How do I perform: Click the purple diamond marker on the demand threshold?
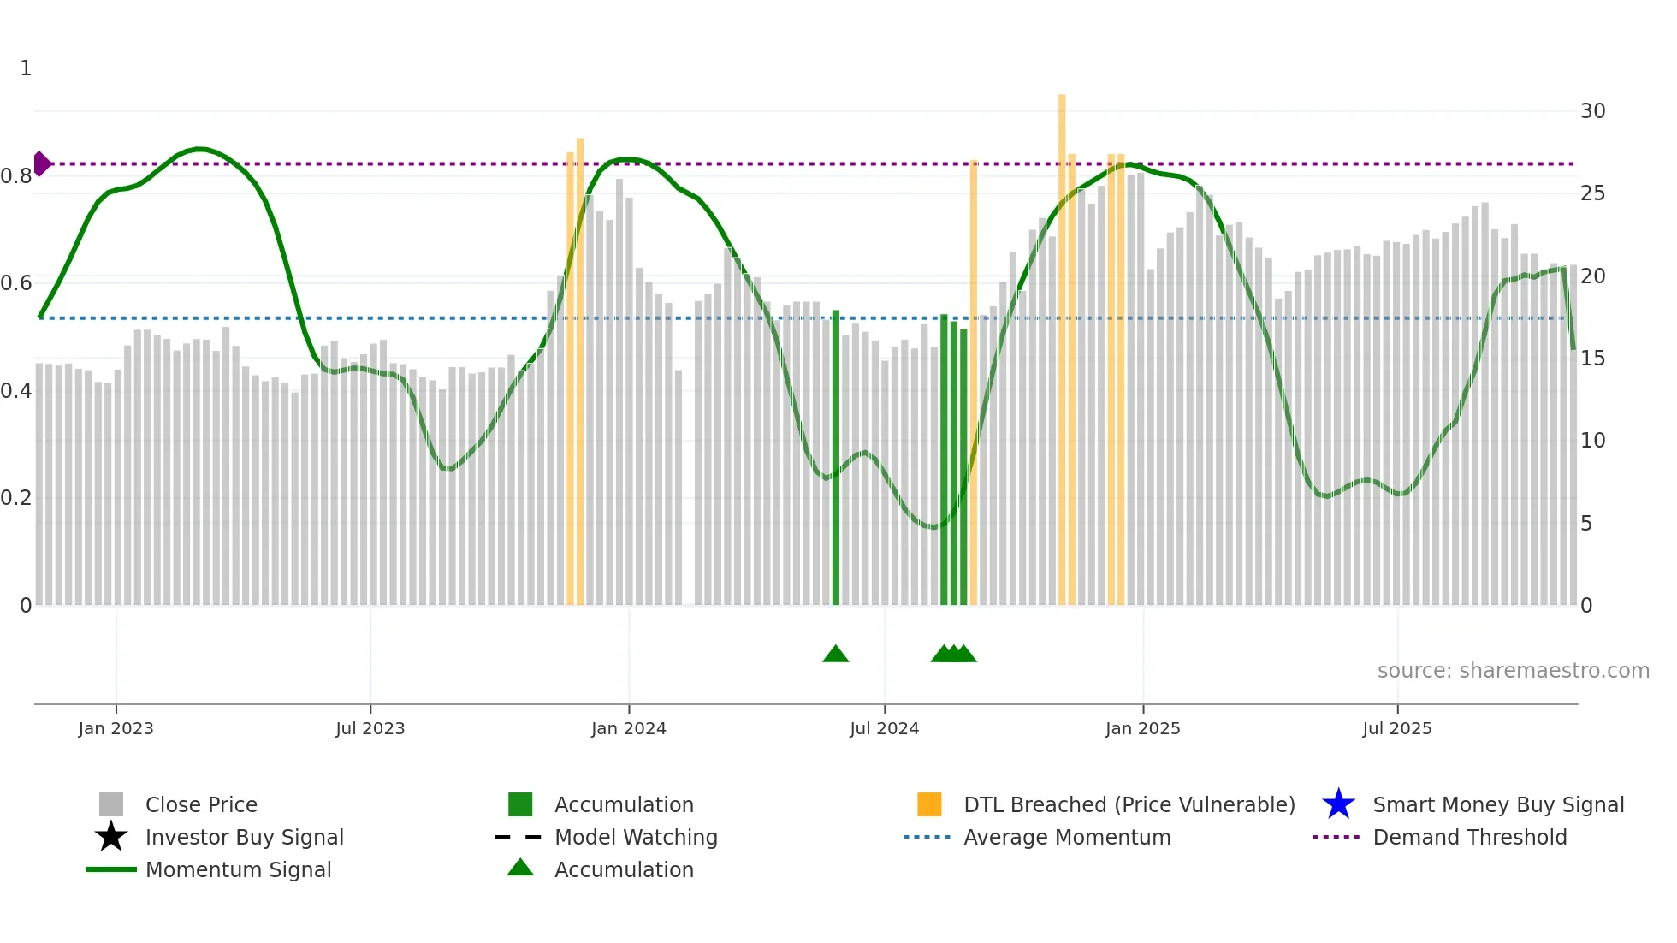41,163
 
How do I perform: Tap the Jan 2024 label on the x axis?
628,728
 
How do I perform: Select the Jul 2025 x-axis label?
1396,728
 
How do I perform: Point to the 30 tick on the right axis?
1592,111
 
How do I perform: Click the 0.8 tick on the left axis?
16,176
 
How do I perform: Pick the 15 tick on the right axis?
1592,359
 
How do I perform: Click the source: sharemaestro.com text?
1513,671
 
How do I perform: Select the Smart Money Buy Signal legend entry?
1497,804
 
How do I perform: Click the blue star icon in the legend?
1338,804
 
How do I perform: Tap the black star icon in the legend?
111,837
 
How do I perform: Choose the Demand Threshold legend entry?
1469,837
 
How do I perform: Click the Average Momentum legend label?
1067,837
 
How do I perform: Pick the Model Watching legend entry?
636,837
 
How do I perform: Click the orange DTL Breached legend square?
929,804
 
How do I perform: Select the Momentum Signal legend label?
238,869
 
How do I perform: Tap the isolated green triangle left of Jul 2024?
835,655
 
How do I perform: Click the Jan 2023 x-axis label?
116,728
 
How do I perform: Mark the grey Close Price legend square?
111,804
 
